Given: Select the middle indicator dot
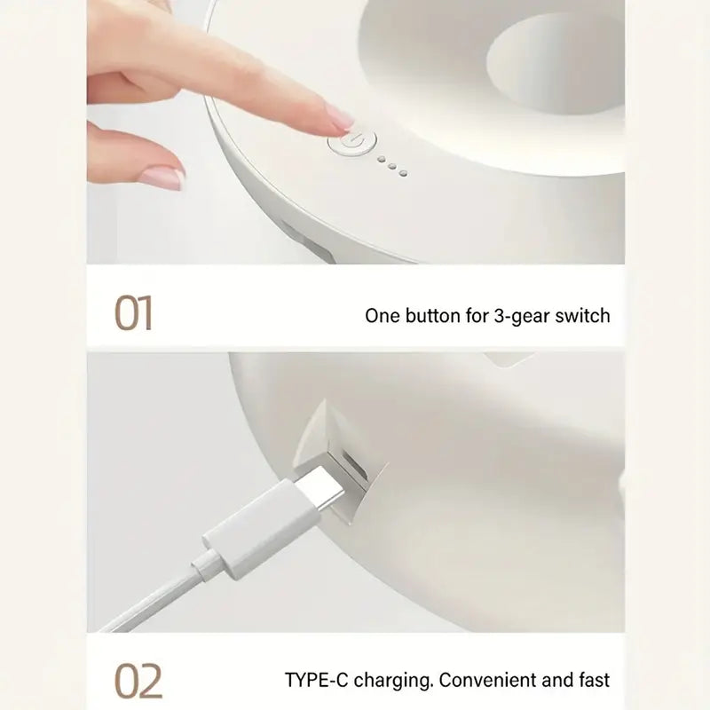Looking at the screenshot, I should (390, 166).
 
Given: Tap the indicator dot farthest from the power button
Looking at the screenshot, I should (402, 171).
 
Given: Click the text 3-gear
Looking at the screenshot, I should (517, 315).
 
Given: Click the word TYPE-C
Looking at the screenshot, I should (318, 680).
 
